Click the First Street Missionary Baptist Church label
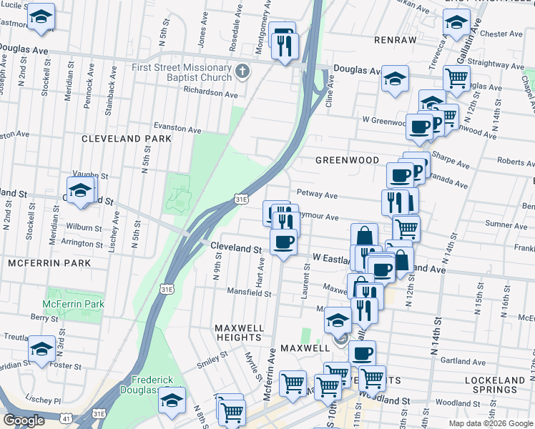(x=182, y=72)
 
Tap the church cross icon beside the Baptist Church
(x=243, y=71)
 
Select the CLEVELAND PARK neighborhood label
(x=127, y=139)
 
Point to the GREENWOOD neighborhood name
(x=347, y=160)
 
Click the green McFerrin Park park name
(x=73, y=304)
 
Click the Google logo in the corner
(x=24, y=420)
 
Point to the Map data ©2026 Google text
(x=491, y=423)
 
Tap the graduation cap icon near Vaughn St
(x=81, y=190)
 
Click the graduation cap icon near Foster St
(x=41, y=350)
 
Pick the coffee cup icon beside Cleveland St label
(x=284, y=242)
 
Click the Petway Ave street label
(x=318, y=194)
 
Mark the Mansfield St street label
(x=248, y=292)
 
